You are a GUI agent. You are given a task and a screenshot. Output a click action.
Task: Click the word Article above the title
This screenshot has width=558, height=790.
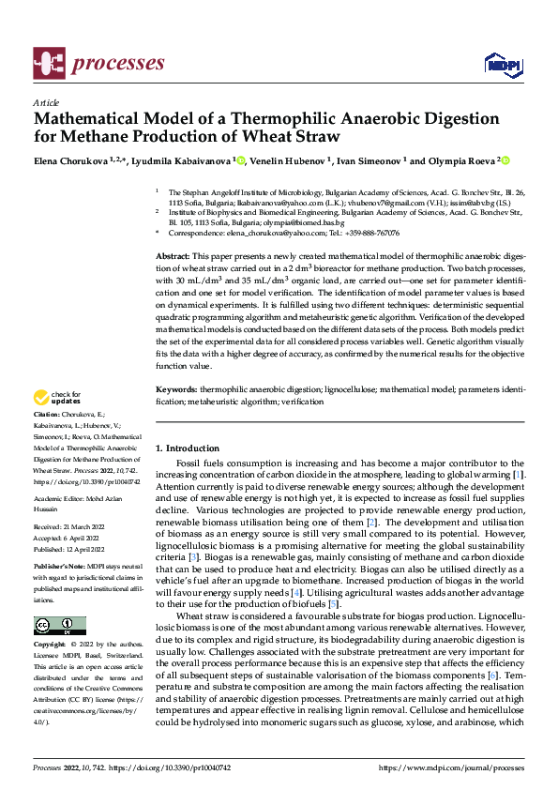pyautogui.click(x=46, y=102)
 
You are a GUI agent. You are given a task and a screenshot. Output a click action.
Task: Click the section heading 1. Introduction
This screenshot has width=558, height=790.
pyautogui.click(x=187, y=448)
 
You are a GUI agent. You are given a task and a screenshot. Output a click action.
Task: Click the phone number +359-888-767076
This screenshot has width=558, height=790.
pyautogui.click(x=368, y=233)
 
